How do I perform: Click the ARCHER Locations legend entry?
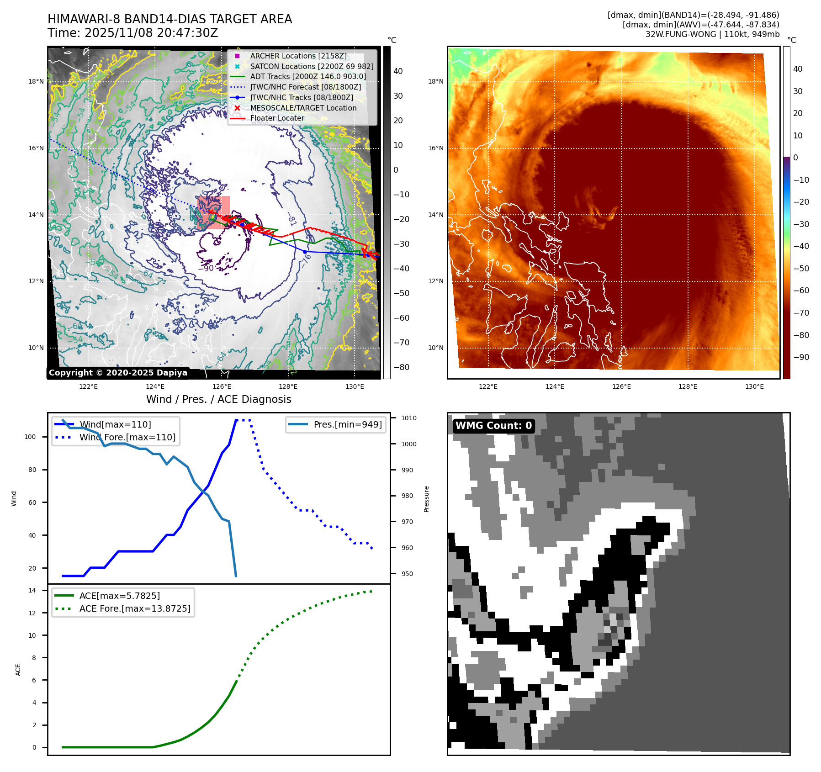click(298, 56)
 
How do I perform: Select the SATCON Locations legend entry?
click(312, 66)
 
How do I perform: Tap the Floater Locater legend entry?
click(277, 118)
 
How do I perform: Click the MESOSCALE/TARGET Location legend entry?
click(303, 108)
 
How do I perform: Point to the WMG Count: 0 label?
click(493, 425)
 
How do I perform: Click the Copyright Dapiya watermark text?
click(118, 373)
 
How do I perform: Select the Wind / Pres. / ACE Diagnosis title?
click(218, 399)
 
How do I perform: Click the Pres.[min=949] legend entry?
click(347, 424)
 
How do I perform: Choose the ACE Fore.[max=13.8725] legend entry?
click(135, 608)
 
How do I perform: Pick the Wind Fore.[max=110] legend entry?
click(127, 437)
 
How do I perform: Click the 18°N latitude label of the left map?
click(36, 82)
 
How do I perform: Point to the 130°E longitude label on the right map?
click(754, 386)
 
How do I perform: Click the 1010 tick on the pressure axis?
click(409, 418)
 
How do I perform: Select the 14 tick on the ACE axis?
click(32, 590)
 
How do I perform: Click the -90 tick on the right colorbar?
click(801, 357)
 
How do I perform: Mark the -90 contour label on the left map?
click(206, 268)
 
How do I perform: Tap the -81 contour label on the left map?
click(291, 220)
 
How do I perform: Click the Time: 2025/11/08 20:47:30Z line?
click(132, 33)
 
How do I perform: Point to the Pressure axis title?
click(426, 499)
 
